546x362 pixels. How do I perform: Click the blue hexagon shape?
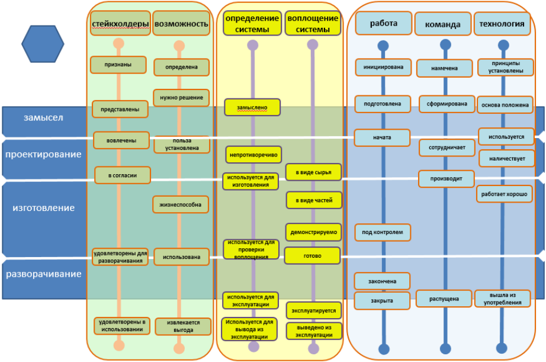click(43, 44)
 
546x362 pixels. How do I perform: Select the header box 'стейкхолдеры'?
click(120, 23)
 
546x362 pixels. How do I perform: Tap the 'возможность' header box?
click(181, 23)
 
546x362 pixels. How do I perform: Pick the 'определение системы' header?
click(252, 23)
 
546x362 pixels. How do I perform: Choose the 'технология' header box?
click(502, 23)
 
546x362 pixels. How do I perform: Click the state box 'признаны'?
click(118, 65)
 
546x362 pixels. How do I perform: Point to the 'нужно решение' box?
click(181, 98)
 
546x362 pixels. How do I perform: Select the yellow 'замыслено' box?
click(252, 107)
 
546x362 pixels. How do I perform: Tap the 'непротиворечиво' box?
click(253, 155)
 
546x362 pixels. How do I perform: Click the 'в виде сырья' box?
click(313, 172)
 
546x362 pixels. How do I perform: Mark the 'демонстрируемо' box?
click(313, 232)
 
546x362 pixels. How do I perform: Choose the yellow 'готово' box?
click(312, 256)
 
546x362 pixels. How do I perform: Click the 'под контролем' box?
click(383, 232)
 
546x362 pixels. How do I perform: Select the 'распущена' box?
click(444, 299)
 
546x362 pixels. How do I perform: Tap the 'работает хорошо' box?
click(504, 194)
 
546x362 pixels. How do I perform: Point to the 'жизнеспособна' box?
click(181, 204)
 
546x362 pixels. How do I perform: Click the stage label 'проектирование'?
click(43, 155)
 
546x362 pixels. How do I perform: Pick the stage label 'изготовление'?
click(44, 208)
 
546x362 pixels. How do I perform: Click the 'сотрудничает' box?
click(447, 148)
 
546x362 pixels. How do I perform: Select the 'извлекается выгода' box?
click(183, 326)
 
